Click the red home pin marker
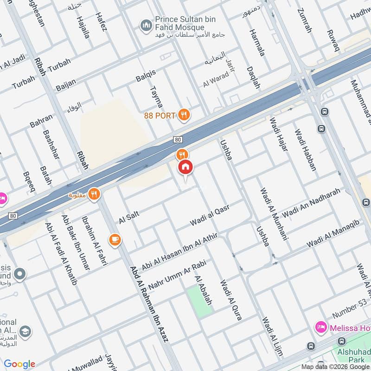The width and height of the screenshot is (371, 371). pyautogui.click(x=185, y=167)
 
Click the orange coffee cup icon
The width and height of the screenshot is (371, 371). pyautogui.click(x=115, y=239)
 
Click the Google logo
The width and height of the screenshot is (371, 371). pyautogui.click(x=19, y=364)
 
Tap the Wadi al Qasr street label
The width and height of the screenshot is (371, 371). pyautogui.click(x=210, y=216)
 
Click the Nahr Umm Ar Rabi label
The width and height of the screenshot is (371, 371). pyautogui.click(x=177, y=273)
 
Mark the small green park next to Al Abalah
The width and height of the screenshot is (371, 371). pyautogui.click(x=198, y=301)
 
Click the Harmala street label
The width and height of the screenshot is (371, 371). pyautogui.click(x=256, y=43)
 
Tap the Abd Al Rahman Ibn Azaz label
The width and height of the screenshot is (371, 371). pyautogui.click(x=149, y=304)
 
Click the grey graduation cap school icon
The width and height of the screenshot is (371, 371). pyautogui.click(x=26, y=331)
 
